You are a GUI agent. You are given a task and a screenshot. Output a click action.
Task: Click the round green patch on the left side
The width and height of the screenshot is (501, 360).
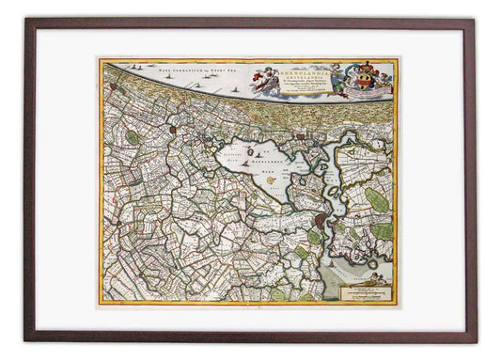coord(133,137)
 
